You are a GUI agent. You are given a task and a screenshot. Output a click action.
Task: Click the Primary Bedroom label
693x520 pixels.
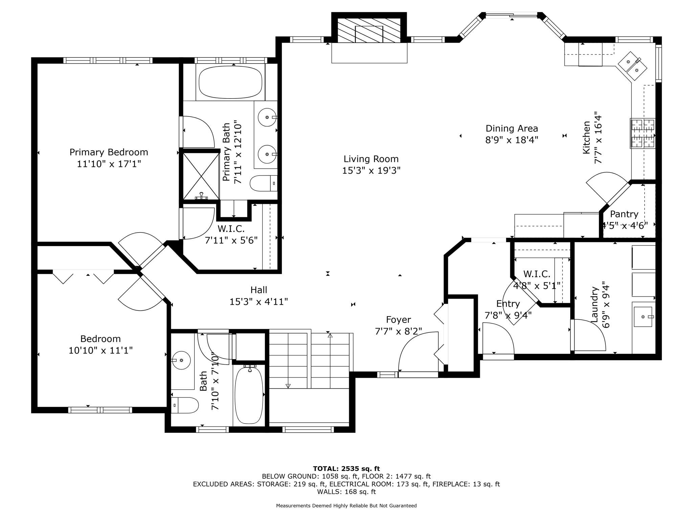[x=109, y=152]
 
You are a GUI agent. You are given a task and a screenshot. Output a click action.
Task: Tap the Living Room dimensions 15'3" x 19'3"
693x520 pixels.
[x=371, y=170]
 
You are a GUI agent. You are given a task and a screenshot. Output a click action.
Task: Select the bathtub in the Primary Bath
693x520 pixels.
[x=230, y=82]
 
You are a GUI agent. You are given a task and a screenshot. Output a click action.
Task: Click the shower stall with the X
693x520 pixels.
[x=201, y=176]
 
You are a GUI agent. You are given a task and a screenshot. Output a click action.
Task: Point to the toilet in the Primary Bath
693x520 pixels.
[x=263, y=183]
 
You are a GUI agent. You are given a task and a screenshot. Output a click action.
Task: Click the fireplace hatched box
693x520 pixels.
[x=369, y=30]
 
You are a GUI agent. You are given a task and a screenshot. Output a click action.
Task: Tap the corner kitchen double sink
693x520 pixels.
[x=632, y=66]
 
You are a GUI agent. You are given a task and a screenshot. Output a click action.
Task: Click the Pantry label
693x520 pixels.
[x=624, y=214]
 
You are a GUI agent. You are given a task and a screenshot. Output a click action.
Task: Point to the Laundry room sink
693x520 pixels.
[x=643, y=317]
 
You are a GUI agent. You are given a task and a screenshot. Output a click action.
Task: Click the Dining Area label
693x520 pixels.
[x=512, y=129]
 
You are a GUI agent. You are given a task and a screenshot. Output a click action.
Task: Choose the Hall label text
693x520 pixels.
[x=259, y=290]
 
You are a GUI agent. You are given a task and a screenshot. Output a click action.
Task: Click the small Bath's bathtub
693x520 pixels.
[x=249, y=395]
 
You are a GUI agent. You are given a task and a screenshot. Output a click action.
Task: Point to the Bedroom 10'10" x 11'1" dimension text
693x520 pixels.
[x=100, y=350]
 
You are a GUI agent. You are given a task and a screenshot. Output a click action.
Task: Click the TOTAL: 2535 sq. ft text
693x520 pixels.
[x=346, y=469]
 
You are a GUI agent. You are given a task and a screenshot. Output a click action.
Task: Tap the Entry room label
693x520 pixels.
[x=508, y=304]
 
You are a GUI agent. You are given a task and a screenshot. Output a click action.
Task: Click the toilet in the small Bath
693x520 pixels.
[x=185, y=405]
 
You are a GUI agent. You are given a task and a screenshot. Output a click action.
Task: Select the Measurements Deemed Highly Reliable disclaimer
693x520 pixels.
[x=346, y=506]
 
